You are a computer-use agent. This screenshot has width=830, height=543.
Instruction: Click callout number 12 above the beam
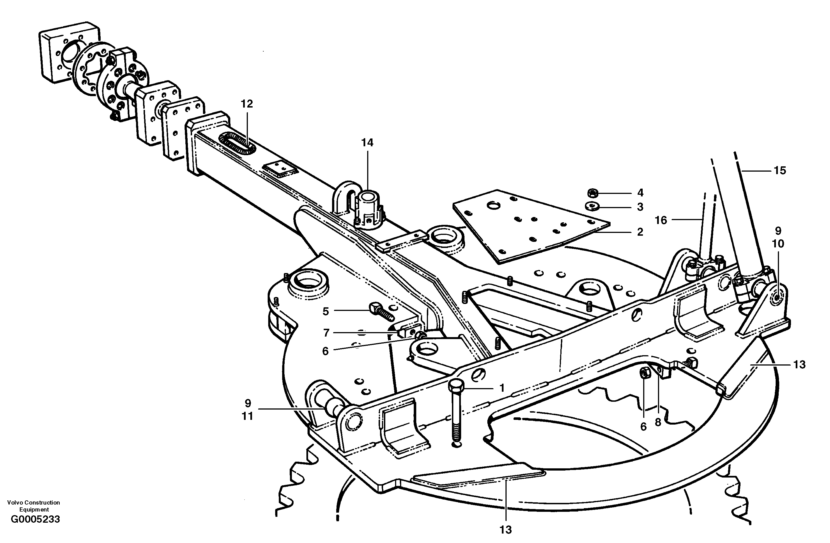(x=246, y=104)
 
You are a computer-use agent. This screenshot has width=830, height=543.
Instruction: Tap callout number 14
(x=367, y=143)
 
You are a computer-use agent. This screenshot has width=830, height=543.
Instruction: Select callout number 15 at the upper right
(x=780, y=171)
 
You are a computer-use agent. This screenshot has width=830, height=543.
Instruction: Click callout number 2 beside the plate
(x=640, y=232)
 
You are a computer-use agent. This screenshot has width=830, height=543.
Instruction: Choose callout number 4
(x=640, y=193)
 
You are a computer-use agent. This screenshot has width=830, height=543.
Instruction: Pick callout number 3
(x=640, y=207)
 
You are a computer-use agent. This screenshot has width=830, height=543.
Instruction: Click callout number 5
(x=325, y=311)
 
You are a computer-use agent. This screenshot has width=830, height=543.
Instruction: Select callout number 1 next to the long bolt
(x=502, y=388)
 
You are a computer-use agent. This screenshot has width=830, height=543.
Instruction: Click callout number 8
(x=658, y=422)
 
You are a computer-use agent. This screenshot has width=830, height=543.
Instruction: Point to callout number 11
(x=248, y=416)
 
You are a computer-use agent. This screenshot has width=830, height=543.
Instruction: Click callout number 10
(x=778, y=244)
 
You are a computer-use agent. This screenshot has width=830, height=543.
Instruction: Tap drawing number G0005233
(x=35, y=519)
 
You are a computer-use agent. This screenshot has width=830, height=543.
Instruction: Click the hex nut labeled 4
(x=592, y=193)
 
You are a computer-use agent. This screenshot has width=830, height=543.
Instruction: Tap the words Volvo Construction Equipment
(x=33, y=506)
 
